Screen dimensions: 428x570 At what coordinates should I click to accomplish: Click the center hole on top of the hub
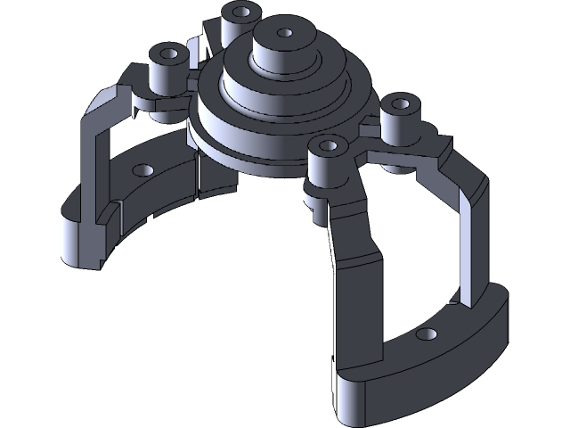284,33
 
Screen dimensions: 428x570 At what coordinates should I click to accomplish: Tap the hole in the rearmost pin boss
238,12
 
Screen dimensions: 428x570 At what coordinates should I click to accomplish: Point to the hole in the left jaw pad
139,168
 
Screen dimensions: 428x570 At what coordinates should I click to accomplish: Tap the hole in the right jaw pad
427,334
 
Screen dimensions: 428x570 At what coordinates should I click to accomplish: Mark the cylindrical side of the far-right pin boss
397,128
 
